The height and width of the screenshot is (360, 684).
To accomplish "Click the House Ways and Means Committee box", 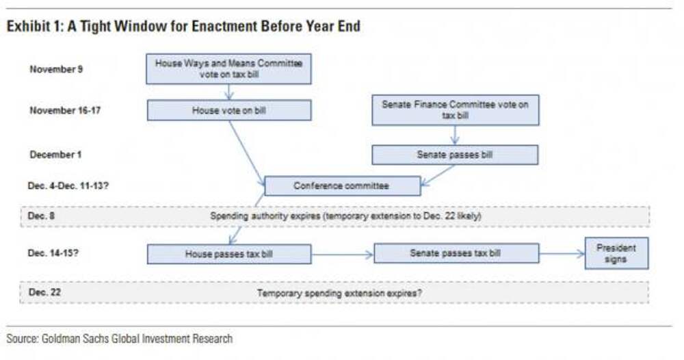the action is click(228, 69).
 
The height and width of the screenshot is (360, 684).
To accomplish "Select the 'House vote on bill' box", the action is click(229, 110).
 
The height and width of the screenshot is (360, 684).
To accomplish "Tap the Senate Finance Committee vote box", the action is click(456, 110).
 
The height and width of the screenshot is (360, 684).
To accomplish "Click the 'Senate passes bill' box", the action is click(455, 155).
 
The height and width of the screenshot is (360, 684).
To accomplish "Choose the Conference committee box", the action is click(343, 186).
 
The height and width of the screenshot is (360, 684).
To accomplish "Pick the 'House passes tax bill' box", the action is click(229, 254).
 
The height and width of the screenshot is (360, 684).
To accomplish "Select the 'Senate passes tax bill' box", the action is click(456, 253).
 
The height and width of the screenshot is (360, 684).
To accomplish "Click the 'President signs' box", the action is click(616, 253).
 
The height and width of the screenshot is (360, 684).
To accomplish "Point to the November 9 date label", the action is click(56, 69).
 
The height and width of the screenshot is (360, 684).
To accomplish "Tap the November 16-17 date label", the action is click(65, 110).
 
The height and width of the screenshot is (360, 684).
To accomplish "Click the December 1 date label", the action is click(55, 155).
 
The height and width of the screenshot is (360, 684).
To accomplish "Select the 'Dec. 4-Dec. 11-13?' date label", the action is click(68, 186).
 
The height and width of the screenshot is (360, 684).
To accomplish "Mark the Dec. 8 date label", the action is click(41, 216).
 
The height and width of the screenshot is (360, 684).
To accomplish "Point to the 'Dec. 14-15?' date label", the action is click(53, 253).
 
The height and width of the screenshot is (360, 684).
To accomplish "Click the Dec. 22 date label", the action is click(44, 292).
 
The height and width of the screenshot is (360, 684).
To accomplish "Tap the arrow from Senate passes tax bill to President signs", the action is click(562, 253).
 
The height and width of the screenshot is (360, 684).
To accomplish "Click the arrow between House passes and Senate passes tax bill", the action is click(343, 255).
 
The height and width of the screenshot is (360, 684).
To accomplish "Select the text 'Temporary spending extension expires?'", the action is click(339, 293).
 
